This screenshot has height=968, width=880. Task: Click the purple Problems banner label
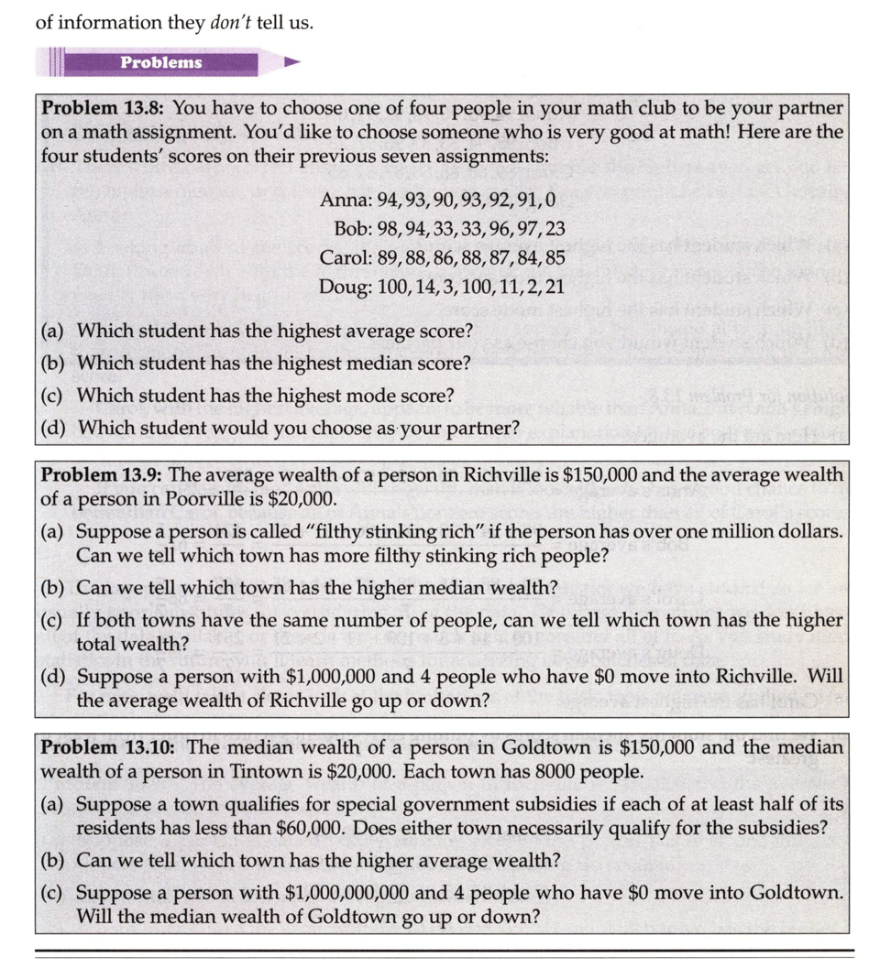click(160, 62)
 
